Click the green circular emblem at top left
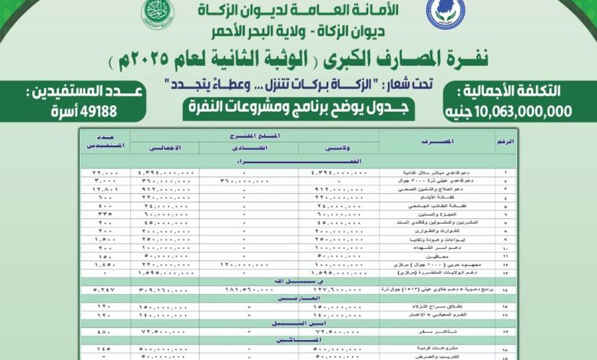pyautogui.click(x=160, y=11)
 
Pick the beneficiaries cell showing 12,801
pyautogui.click(x=103, y=187)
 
